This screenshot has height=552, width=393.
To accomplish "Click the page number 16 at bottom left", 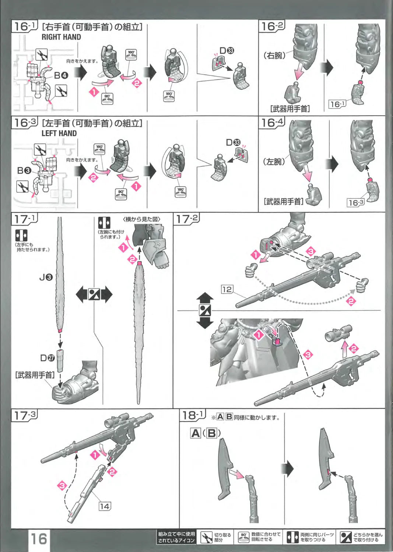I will pos(38,539).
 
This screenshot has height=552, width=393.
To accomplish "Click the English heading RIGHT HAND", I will pos(61,37).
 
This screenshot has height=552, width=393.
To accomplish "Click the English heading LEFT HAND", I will pos(59,133).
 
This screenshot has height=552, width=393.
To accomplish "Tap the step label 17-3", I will pos(25,415).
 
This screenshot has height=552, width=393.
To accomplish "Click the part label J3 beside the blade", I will pos(46,277).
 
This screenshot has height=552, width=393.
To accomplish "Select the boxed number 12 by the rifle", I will pos(227,290).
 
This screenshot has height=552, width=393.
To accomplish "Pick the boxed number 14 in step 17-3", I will pos(104,506).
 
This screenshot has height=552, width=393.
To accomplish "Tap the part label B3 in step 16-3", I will pos(24,170).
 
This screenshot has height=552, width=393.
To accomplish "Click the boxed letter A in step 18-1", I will pos(195,433).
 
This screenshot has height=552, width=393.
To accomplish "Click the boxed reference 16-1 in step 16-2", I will pos(337,104).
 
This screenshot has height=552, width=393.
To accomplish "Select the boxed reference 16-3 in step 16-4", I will pos(356,202).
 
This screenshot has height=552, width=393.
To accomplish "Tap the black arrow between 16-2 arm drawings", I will pos(327,67).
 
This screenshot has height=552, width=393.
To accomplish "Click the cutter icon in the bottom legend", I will pos(206,538).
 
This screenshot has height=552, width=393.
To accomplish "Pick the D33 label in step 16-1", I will pos(227,51).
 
